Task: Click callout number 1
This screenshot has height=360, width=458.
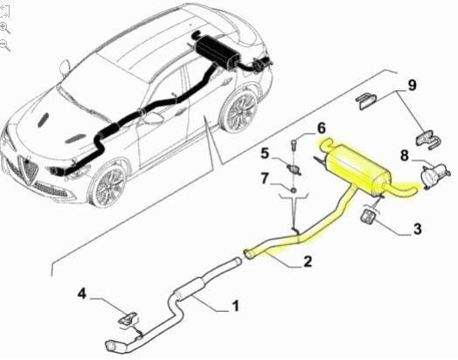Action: coord(235,306)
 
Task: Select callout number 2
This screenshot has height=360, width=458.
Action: coord(308,261)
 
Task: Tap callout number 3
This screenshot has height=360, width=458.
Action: coord(418,228)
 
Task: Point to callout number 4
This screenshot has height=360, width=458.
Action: coord(82,294)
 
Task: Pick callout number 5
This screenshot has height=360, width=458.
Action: coord(265,153)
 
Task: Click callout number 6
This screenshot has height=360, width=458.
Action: coord(321,128)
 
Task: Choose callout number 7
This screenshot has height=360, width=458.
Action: coord(264,178)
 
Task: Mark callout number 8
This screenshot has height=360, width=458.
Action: coord(404,156)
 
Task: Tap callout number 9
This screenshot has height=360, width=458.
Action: coord(412,86)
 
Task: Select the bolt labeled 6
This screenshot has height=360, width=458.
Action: coord(294,145)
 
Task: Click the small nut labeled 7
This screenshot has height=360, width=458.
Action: coord(294,190)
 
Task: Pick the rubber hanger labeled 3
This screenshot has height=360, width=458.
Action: coord(369,218)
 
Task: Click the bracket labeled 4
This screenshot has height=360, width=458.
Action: coord(128,318)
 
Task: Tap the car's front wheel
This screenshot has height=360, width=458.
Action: coord(108,185)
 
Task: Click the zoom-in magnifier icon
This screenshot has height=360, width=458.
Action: coord(4,28)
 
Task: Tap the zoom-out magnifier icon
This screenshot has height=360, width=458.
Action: coord(4,45)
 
